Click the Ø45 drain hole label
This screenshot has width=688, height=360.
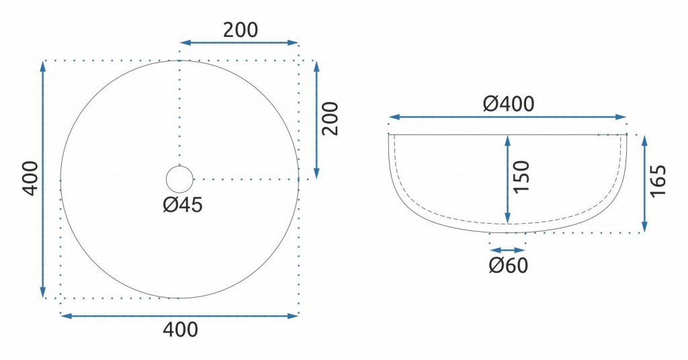183,205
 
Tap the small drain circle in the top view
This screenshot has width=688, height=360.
179,179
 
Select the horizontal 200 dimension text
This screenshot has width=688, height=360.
241,30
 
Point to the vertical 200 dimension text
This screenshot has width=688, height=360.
331,118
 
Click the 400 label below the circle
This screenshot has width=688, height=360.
180,329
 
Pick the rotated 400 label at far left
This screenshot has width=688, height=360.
31,179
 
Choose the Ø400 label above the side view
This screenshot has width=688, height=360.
509,104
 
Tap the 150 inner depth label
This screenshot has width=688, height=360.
521,176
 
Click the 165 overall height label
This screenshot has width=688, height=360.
658,181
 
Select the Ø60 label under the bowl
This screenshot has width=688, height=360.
509,265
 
